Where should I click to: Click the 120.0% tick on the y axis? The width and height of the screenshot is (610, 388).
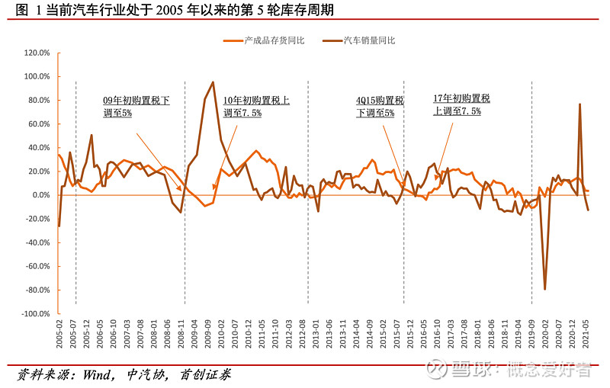pyautogui.click(x=37, y=53)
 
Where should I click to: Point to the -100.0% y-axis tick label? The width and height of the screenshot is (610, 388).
pyautogui.click(x=36, y=313)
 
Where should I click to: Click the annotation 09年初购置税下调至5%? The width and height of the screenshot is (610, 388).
pyautogui.click(x=136, y=106)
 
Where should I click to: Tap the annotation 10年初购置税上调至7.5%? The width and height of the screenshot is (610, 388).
pyautogui.click(x=256, y=106)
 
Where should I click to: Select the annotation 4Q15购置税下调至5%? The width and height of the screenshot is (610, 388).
pyautogui.click(x=380, y=106)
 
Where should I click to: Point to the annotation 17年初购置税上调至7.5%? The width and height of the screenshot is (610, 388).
pyautogui.click(x=461, y=104)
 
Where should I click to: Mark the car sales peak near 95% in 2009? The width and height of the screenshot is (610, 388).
pyautogui.click(x=213, y=82)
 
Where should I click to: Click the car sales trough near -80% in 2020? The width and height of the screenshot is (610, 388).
pyautogui.click(x=544, y=289)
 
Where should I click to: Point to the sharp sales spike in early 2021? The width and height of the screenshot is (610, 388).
pyautogui.click(x=579, y=104)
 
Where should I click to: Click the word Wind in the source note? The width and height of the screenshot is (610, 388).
pyautogui.click(x=83, y=375)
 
